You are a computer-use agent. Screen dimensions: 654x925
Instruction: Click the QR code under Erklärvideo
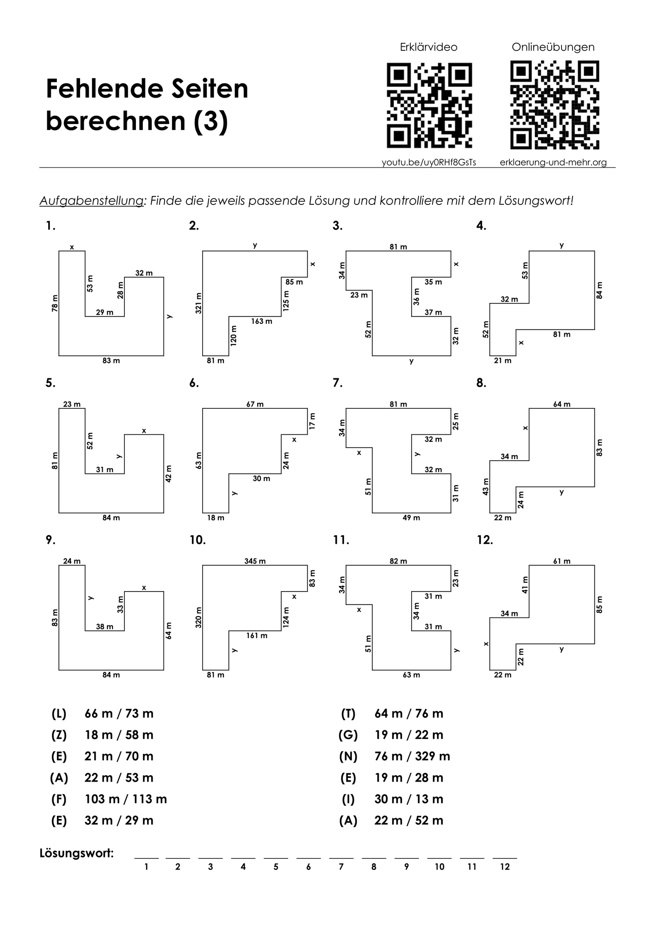pyautogui.click(x=429, y=105)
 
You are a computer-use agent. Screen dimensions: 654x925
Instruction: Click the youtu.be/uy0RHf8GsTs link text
pyautogui.click(x=429, y=162)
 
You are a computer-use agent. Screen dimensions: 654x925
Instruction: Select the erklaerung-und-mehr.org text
pyautogui.click(x=553, y=162)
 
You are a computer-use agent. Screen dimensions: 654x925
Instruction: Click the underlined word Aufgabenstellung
pyautogui.click(x=91, y=201)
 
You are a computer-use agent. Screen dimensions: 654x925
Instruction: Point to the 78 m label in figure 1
pyautogui.click(x=55, y=303)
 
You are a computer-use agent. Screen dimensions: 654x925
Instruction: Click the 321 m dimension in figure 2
pyautogui.click(x=198, y=303)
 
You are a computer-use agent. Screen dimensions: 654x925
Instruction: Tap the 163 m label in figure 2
pyautogui.click(x=261, y=321)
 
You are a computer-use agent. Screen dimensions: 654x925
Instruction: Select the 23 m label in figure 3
pyautogui.click(x=358, y=295)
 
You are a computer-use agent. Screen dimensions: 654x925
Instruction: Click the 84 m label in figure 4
pyautogui.click(x=600, y=290)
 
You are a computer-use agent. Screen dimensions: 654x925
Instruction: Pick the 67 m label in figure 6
pyautogui.click(x=255, y=404)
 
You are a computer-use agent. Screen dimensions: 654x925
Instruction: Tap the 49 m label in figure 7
pyautogui.click(x=411, y=518)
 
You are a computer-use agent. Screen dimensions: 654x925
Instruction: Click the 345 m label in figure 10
pyautogui.click(x=255, y=561)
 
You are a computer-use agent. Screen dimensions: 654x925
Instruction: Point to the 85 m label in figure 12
pyautogui.click(x=600, y=604)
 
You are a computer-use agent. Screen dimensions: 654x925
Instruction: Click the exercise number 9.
pyautogui.click(x=50, y=540)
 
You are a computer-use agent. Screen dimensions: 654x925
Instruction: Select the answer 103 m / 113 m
pyautogui.click(x=125, y=799)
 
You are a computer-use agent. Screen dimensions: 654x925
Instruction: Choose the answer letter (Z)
pyautogui.click(x=59, y=735)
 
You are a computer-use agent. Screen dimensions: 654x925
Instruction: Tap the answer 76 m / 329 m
pyautogui.click(x=412, y=756)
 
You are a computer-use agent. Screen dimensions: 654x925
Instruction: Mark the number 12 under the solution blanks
pyautogui.click(x=505, y=867)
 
